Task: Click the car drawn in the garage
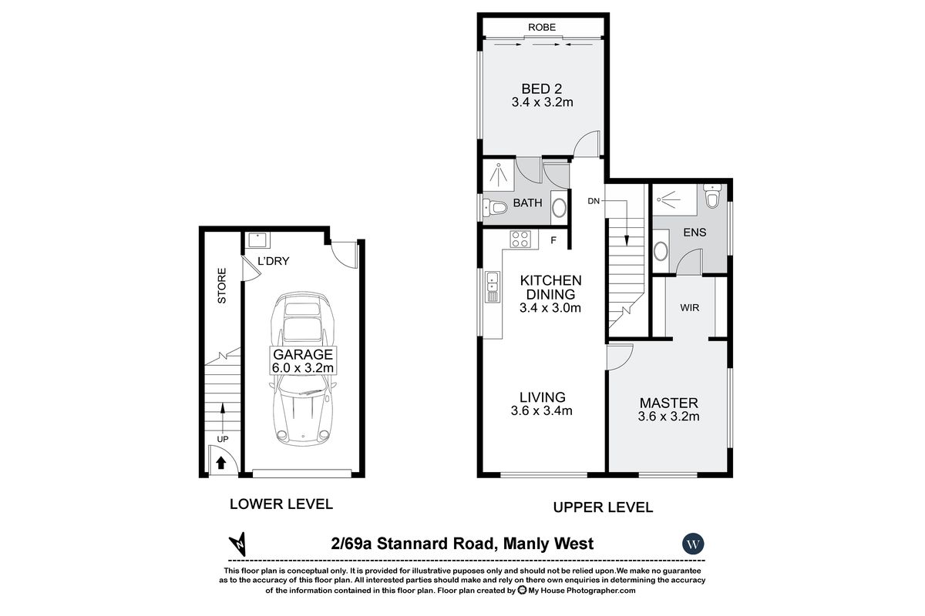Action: (x=301, y=370)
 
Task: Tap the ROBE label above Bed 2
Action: (x=542, y=28)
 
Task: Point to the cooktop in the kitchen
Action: (x=520, y=239)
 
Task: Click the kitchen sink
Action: (x=491, y=289)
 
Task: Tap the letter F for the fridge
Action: (x=553, y=240)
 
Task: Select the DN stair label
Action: (x=594, y=201)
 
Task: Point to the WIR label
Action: (x=690, y=307)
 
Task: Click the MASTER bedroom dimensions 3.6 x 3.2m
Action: (x=668, y=417)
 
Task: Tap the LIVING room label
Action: (x=542, y=397)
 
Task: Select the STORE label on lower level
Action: (x=222, y=285)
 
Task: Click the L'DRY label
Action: (x=273, y=261)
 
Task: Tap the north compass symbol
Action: (x=240, y=543)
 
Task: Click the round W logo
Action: (x=694, y=543)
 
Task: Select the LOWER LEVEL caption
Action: (x=281, y=504)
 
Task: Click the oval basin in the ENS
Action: (x=661, y=250)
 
